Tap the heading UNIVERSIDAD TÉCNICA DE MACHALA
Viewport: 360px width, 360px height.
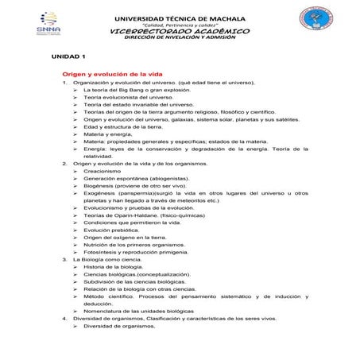pyautogui.click(x=181, y=16)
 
